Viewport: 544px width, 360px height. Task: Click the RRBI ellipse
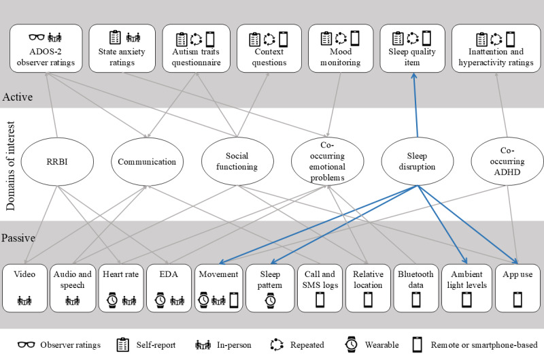pyautogui.click(x=57, y=161)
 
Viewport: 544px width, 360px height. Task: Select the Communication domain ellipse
pyautogui.click(x=147, y=161)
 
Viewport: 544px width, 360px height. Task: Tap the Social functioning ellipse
pyautogui.click(x=237, y=161)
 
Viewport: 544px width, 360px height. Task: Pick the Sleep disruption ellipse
pyautogui.click(x=417, y=161)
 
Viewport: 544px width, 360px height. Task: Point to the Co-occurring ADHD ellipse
pyautogui.click(x=507, y=161)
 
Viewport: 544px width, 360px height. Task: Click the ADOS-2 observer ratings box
pyautogui.click(x=46, y=48)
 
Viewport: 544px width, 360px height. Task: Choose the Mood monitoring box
pyautogui.click(x=341, y=48)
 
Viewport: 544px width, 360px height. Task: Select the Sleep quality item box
pyautogui.click(x=412, y=48)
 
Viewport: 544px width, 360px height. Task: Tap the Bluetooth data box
pyautogui.click(x=415, y=288)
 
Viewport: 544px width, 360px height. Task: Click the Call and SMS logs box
pyautogui.click(x=320, y=288)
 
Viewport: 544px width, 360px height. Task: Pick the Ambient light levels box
pyautogui.click(x=466, y=288)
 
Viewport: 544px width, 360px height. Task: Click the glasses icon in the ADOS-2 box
pyautogui.click(x=37, y=37)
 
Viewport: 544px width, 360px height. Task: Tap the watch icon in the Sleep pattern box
pyautogui.click(x=270, y=300)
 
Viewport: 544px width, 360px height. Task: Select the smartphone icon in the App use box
pyautogui.click(x=517, y=299)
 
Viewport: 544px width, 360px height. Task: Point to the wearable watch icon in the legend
pyautogui.click(x=351, y=344)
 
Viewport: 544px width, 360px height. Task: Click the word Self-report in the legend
pyautogui.click(x=156, y=345)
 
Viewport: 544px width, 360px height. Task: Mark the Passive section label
pyautogui.click(x=18, y=238)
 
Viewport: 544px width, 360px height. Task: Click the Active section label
pyautogui.click(x=18, y=97)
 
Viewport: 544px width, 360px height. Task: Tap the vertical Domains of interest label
pyautogui.click(x=10, y=166)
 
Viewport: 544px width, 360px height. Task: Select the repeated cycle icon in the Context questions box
pyautogui.click(x=269, y=39)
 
